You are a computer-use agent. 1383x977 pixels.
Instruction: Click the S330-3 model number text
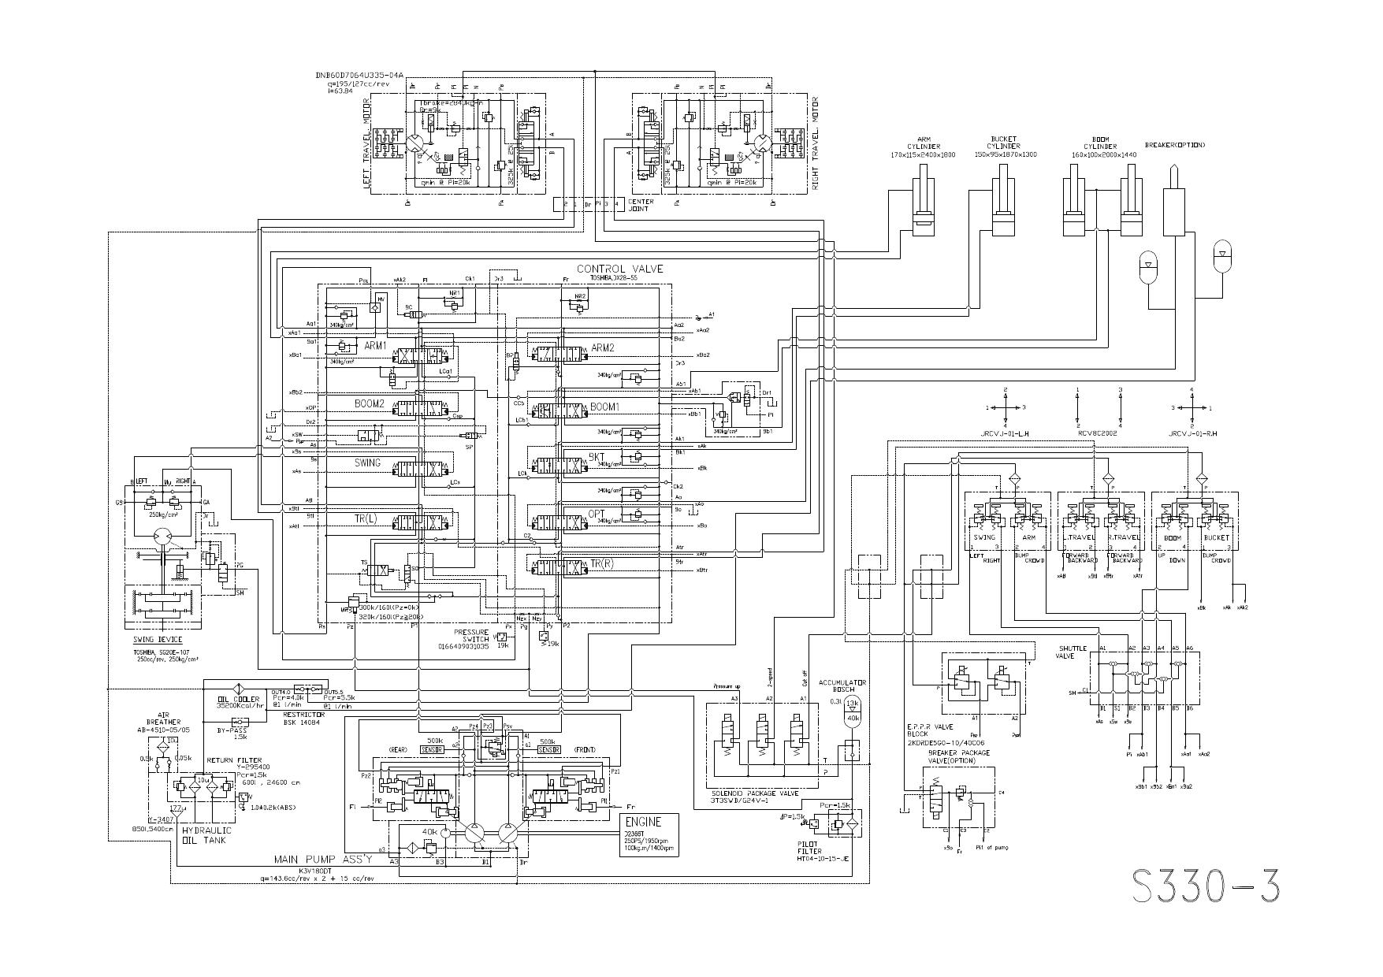pyautogui.click(x=1206, y=886)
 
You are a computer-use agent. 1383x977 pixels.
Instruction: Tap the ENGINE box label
pyautogui.click(x=643, y=822)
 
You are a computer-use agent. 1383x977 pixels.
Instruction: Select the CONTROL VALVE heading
pyautogui.click(x=619, y=269)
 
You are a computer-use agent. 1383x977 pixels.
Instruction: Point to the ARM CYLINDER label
pyautogui.click(x=924, y=147)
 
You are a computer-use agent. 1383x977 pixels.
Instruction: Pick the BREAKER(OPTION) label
pyautogui.click(x=1174, y=145)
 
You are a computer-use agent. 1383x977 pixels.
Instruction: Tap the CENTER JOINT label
pyautogui.click(x=640, y=206)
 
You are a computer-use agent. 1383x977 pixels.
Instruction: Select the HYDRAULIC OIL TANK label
pyautogui.click(x=206, y=835)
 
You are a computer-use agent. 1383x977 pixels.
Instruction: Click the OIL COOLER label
pyautogui.click(x=238, y=699)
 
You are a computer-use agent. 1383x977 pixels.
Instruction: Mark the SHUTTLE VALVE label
pyautogui.click(x=1073, y=652)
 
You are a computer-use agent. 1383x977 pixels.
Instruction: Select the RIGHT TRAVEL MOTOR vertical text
pyautogui.click(x=815, y=143)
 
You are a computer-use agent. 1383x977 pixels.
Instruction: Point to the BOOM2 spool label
pyautogui.click(x=370, y=404)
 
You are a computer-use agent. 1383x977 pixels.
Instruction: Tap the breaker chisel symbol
pyautogui.click(x=1174, y=197)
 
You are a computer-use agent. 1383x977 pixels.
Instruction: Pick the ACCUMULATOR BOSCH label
pyautogui.click(x=842, y=685)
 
